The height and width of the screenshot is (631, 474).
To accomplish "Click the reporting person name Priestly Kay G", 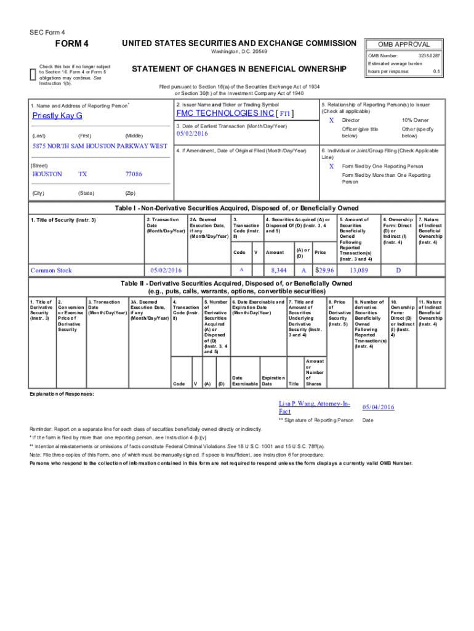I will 57,116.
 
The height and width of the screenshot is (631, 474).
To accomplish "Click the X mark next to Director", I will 332,120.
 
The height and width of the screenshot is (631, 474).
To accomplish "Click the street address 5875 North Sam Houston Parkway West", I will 100,146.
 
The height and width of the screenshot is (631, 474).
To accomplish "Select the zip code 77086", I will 134,174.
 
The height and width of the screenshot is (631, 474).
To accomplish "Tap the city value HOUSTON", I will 47,174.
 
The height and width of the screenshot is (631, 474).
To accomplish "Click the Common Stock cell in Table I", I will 52,270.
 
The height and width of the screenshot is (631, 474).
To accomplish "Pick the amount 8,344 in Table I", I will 279,270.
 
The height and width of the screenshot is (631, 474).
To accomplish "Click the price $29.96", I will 324,270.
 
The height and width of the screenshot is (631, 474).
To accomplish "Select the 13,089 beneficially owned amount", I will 359,270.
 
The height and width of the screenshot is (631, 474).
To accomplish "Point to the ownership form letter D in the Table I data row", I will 398,270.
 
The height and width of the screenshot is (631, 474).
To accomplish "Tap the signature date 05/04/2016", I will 378,407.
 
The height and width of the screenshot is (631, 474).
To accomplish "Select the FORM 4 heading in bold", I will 72,44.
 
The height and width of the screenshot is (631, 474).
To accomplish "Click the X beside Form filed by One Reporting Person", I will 332,166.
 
